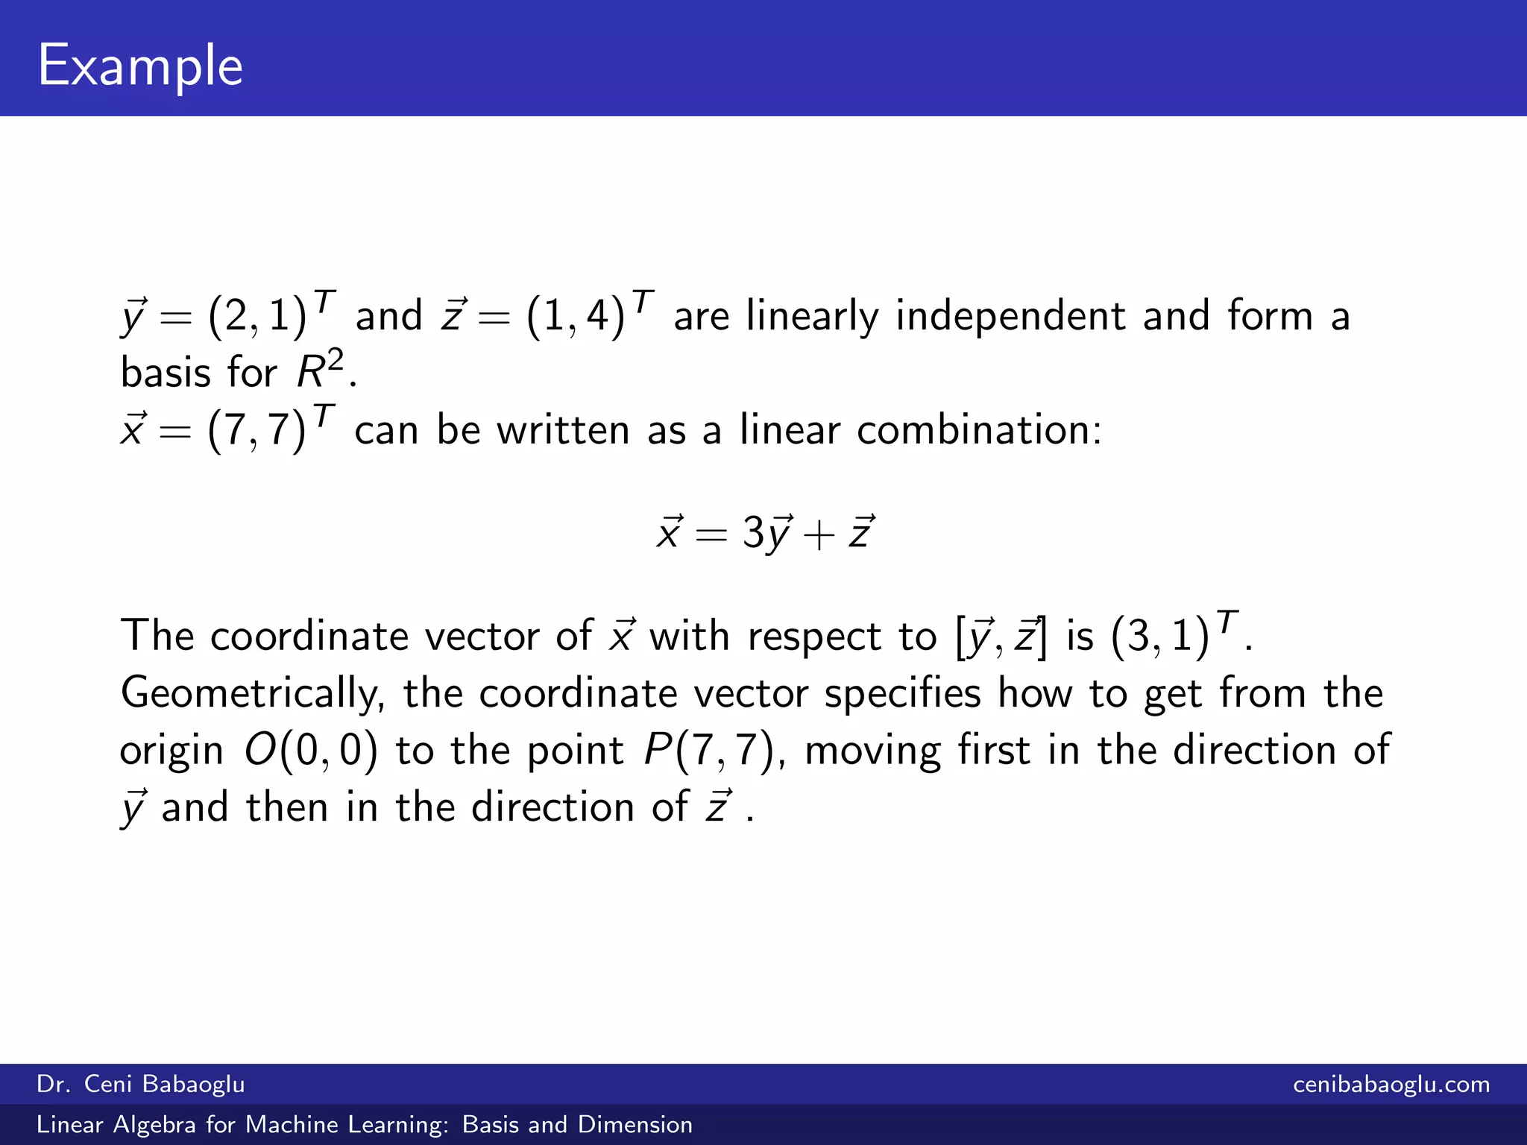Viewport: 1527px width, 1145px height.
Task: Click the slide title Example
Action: pyautogui.click(x=140, y=66)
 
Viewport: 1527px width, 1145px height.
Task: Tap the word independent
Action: pyautogui.click(x=1011, y=316)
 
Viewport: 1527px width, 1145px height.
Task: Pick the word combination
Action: pyautogui.click(x=978, y=430)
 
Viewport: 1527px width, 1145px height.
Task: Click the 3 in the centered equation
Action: pyautogui.click(x=753, y=532)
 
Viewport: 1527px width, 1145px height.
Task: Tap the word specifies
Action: pyautogui.click(x=902, y=694)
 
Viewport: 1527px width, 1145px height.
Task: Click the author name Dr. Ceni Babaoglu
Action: pyautogui.click(x=141, y=1084)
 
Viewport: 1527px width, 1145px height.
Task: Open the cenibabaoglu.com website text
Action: pyautogui.click(x=1391, y=1084)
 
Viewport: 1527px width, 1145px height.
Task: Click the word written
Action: pyautogui.click(x=564, y=430)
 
